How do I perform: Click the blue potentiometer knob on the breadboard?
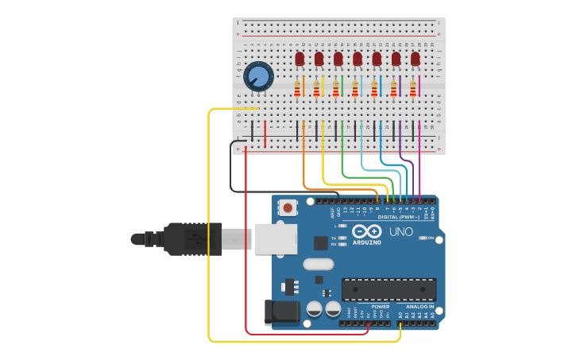tap(258, 76)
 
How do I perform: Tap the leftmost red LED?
tap(300, 59)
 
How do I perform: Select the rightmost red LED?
tap(415, 59)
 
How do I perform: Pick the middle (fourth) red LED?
tap(358, 59)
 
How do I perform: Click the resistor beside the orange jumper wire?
tap(298, 88)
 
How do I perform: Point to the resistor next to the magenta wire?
tap(413, 88)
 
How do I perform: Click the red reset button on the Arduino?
tap(288, 208)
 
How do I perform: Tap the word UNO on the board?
tap(400, 232)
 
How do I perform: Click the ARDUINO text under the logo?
tap(366, 242)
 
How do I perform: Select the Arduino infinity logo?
tap(367, 231)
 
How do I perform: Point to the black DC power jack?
tap(281, 312)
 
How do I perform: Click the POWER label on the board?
tap(381, 306)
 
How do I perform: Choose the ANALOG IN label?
tap(420, 306)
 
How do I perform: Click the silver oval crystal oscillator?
tap(319, 265)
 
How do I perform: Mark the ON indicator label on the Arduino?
tap(432, 238)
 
